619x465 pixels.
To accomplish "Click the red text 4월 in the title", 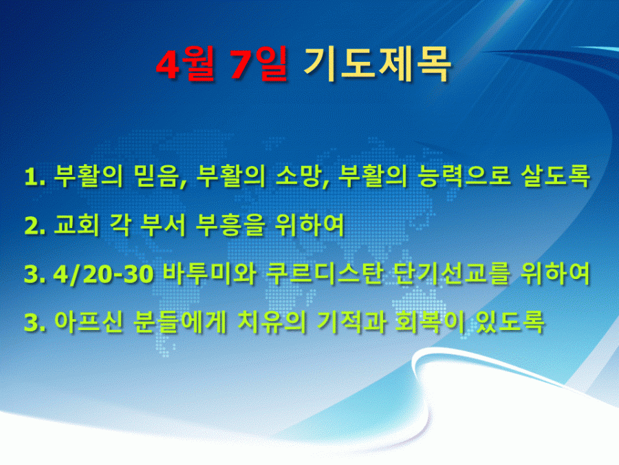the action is (185, 64).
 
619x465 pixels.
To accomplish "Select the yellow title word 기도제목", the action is (377, 64).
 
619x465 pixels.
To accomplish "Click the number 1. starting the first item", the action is (35, 176).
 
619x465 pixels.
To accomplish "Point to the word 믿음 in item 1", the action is (158, 176).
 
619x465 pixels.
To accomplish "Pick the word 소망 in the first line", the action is (300, 176).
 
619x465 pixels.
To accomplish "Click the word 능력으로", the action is (464, 176).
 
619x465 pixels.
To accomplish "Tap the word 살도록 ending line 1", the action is (556, 176).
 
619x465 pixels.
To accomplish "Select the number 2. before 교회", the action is (35, 226).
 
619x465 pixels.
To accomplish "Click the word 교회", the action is (76, 225).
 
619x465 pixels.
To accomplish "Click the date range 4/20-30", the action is (103, 274).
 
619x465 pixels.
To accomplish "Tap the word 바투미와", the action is (209, 273).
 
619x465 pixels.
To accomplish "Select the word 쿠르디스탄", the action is (325, 273).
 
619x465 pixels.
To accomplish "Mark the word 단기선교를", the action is (452, 273).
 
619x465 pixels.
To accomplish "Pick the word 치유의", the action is (272, 322).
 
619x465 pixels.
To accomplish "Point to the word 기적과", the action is (351, 322).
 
